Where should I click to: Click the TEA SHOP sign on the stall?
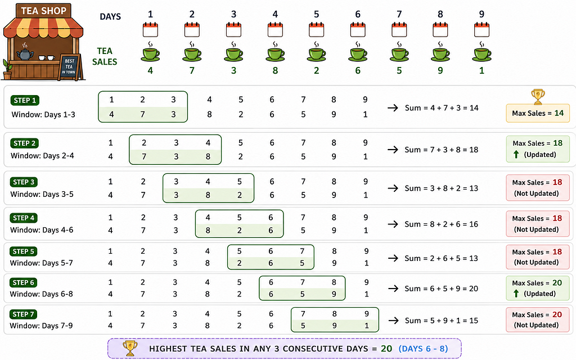pyautogui.click(x=44, y=11)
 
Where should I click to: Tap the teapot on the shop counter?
pyautogui.click(x=25, y=53)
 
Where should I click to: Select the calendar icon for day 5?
pyautogui.click(x=316, y=29)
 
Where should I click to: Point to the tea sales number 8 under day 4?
pyautogui.click(x=275, y=70)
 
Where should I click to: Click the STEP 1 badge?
pyautogui.click(x=25, y=100)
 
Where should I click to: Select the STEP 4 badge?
pyautogui.click(x=24, y=218)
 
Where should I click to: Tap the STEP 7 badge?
pyautogui.click(x=23, y=314)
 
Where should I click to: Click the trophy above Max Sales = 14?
pyautogui.click(x=538, y=97)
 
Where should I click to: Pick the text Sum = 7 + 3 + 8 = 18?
pyautogui.click(x=441, y=150)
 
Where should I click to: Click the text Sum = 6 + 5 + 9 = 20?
pyautogui.click(x=441, y=289)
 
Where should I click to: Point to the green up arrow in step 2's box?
pyautogui.click(x=516, y=155)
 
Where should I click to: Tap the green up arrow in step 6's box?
pyautogui.click(x=516, y=294)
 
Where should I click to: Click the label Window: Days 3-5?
pyautogui.click(x=42, y=194)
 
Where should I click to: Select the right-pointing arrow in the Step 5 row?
pyautogui.click(x=393, y=258)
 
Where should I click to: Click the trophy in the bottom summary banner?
pyautogui.click(x=130, y=348)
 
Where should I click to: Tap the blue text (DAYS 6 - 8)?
pyautogui.click(x=423, y=349)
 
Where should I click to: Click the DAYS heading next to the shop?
pyautogui.click(x=110, y=16)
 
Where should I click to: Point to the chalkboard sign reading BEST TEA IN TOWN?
pyautogui.click(x=69, y=67)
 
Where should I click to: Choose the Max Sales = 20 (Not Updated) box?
pyautogui.click(x=537, y=319)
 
